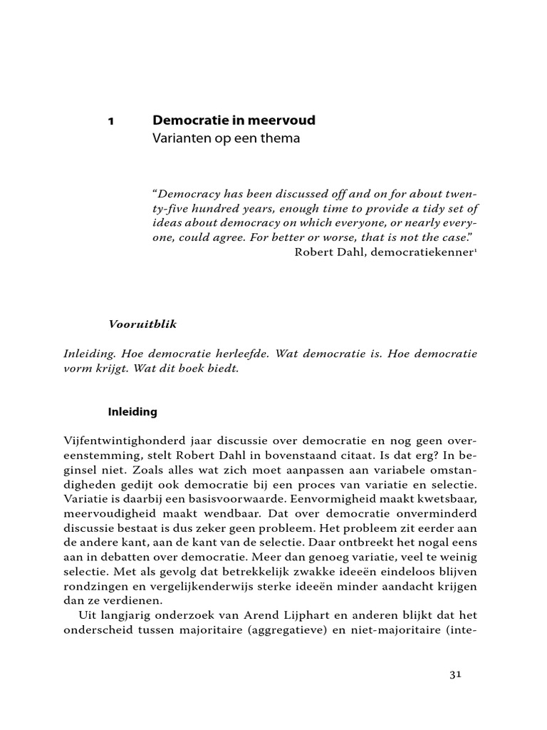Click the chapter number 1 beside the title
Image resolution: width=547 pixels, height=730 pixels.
click(x=110, y=121)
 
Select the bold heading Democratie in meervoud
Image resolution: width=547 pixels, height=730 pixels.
click(x=234, y=120)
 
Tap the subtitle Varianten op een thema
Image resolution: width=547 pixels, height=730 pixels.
click(x=226, y=139)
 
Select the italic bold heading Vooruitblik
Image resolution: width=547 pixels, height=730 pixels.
click(x=142, y=324)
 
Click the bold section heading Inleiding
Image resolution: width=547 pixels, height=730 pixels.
click(x=132, y=411)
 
